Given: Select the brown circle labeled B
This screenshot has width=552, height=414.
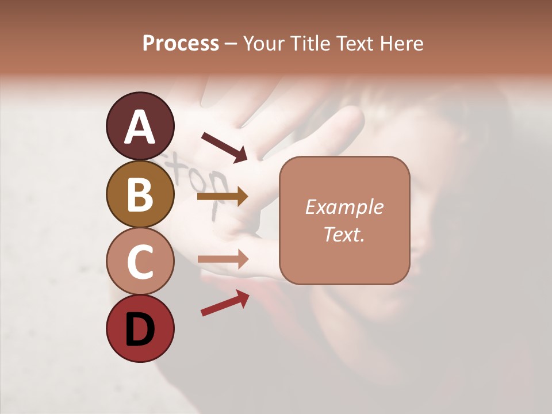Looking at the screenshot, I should (x=140, y=194).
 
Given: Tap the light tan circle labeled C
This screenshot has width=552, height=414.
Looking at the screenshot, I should (x=140, y=262).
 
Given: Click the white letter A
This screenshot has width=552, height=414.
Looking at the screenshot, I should (x=140, y=127).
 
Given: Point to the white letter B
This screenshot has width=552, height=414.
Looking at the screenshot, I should (x=140, y=194).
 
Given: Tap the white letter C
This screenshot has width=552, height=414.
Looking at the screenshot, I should (x=140, y=262).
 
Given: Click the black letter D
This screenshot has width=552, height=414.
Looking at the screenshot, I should (x=140, y=329).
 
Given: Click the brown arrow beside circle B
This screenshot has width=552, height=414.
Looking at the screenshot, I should (x=223, y=197).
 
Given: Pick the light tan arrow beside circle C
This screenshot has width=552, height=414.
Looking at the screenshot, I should (x=223, y=259).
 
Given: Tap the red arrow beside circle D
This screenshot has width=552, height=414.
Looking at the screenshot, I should (x=225, y=303).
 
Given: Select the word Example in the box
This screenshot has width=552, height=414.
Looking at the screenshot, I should (x=344, y=207).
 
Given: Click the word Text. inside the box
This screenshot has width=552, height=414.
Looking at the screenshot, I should (x=344, y=234).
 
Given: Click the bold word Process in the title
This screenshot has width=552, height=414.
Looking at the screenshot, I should (x=181, y=43).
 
